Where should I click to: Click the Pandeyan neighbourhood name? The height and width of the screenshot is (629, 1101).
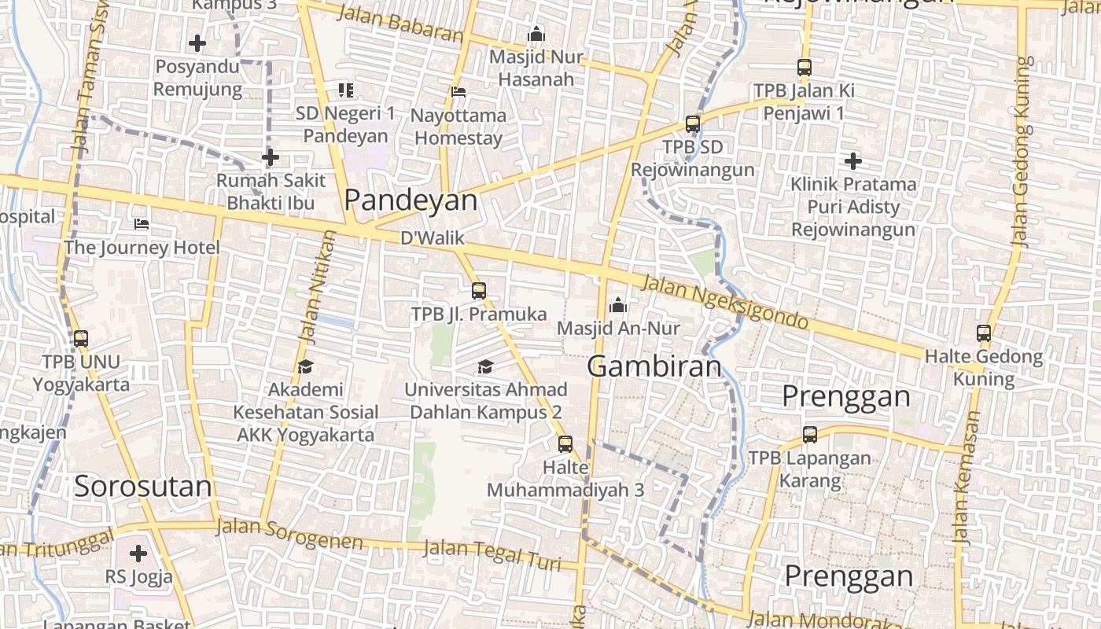pyautogui.click(x=411, y=200)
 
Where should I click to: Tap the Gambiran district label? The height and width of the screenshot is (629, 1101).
pyautogui.click(x=654, y=366)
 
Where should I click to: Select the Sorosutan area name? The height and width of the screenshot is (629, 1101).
pyautogui.click(x=143, y=487)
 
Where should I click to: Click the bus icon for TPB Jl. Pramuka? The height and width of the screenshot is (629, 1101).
pyautogui.click(x=479, y=291)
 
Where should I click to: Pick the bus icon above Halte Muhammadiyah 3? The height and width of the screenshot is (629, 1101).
pyautogui.click(x=565, y=444)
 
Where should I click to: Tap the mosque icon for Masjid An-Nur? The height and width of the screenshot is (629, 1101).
pyautogui.click(x=618, y=304)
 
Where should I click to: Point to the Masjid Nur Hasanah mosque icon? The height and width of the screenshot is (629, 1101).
pyautogui.click(x=536, y=34)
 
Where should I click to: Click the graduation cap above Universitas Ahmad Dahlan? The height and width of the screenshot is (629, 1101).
pyautogui.click(x=485, y=366)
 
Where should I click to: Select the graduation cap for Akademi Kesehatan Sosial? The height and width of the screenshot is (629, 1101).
pyautogui.click(x=305, y=366)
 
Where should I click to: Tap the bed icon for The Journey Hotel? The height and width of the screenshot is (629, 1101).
pyautogui.click(x=142, y=224)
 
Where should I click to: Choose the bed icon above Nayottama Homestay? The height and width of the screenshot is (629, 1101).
pyautogui.click(x=458, y=92)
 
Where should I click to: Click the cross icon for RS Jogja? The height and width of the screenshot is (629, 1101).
pyautogui.click(x=138, y=554)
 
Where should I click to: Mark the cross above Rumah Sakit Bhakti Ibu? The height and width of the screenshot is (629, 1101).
pyautogui.click(x=271, y=158)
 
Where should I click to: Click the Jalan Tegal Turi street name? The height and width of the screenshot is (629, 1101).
pyautogui.click(x=493, y=555)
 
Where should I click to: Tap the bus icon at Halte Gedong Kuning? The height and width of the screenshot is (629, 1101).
pyautogui.click(x=984, y=333)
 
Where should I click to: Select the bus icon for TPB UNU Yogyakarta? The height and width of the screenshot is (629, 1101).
pyautogui.click(x=81, y=339)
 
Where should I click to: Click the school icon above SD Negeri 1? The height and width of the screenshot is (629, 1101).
pyautogui.click(x=346, y=90)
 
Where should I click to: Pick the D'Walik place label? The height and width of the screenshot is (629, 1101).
pyautogui.click(x=433, y=238)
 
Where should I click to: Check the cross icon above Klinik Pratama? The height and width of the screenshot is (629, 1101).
pyautogui.click(x=853, y=161)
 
